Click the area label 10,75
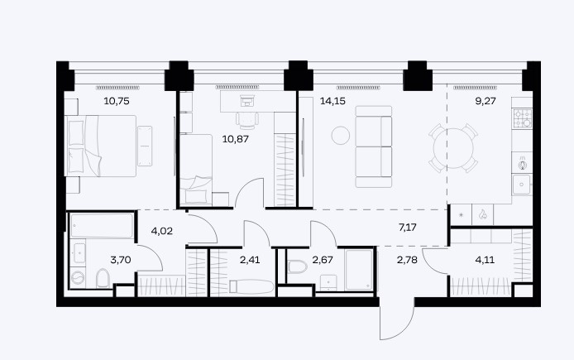(x=117, y=101)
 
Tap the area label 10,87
(x=236, y=139)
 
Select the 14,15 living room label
(x=332, y=101)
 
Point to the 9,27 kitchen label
(x=486, y=101)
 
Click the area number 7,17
(x=408, y=228)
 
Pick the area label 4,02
(x=161, y=231)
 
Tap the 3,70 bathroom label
(x=121, y=260)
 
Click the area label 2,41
(x=250, y=260)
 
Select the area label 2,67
(x=323, y=260)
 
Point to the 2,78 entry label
(x=407, y=260)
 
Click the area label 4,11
(x=485, y=260)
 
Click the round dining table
(x=453, y=148)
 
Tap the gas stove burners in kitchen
(x=523, y=118)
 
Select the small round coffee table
(x=341, y=135)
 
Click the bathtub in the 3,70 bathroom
(x=102, y=226)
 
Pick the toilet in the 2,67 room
(x=297, y=266)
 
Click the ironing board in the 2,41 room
(x=251, y=286)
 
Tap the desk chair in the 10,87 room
(x=247, y=120)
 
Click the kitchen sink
(x=521, y=185)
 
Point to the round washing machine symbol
(x=78, y=278)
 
